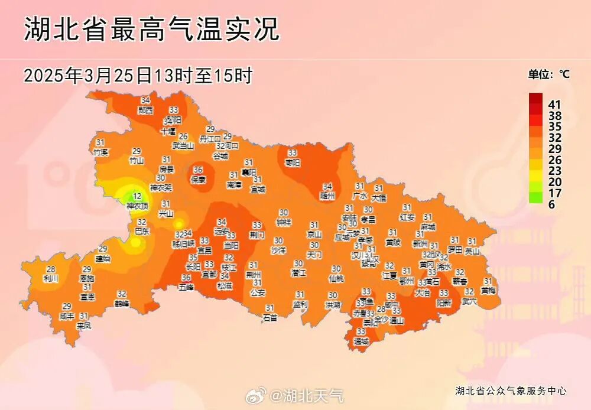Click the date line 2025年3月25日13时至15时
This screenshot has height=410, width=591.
[138, 76]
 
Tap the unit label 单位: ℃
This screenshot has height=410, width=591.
[548, 74]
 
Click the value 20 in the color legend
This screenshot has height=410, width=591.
[555, 182]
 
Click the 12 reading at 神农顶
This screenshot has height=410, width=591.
[137, 197]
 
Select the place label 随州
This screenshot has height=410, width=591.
[327, 195]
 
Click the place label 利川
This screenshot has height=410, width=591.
[51, 278]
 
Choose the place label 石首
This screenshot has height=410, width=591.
[270, 317]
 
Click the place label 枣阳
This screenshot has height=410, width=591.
[293, 162]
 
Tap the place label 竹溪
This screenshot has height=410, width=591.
[101, 152]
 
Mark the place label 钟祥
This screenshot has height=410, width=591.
[284, 222]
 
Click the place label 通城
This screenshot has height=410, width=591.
[361, 341]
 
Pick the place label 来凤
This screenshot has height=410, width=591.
[84, 325]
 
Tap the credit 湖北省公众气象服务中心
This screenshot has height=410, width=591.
[511, 391]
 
